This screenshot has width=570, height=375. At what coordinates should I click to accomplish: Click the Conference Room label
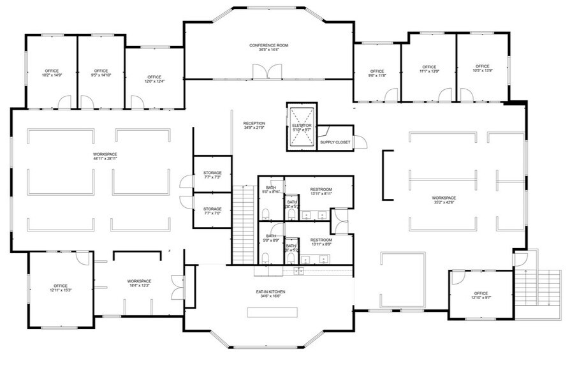pos(270,45)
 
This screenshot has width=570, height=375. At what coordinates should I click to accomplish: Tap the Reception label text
pos(254,123)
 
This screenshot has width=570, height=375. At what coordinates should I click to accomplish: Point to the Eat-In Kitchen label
pos(270,292)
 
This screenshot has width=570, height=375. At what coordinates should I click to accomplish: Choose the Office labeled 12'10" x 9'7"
pos(481,293)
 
